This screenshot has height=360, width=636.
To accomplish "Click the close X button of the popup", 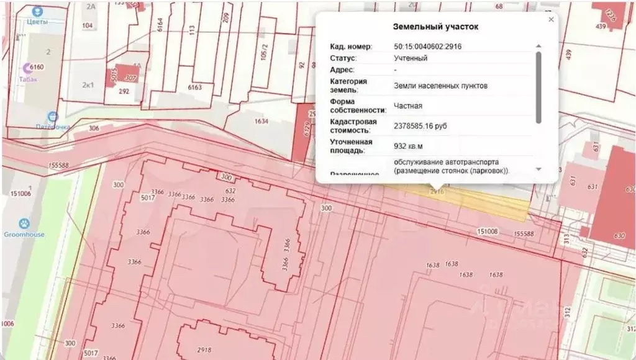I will click(551, 20).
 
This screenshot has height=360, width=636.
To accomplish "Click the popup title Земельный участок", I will click(436, 27).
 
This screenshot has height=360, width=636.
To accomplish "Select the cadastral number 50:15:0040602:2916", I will click(427, 47).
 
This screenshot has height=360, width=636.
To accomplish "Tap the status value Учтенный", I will click(411, 58).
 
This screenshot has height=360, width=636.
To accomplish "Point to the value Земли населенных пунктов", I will click(436, 86).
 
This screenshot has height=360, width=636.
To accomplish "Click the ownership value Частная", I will click(408, 106).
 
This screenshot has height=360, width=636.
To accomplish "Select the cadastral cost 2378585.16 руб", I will click(420, 126).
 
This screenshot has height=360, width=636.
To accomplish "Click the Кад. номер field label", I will click(351, 47).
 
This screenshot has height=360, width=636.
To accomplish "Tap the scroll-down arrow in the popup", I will click(538, 169).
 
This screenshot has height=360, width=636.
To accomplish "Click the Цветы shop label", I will click(37, 20).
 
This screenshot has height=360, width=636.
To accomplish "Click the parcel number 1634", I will click(261, 122).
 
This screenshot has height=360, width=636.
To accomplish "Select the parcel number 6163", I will click(195, 88).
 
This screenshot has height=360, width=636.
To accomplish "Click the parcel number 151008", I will click(488, 231).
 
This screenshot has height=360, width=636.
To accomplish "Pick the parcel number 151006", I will click(20, 194).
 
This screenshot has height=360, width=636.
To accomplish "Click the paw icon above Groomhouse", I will click(24, 223).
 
